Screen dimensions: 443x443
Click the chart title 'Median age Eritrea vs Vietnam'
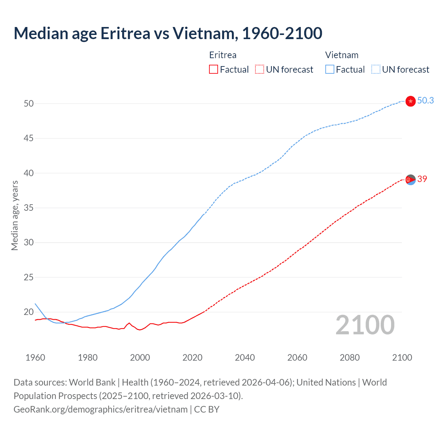tap(168, 33)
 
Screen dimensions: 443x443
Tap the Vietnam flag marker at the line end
tap(410, 101)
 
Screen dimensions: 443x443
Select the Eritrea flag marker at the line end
tap(410, 180)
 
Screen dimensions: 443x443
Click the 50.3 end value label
tap(425, 100)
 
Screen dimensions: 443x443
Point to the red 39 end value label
tap(422, 179)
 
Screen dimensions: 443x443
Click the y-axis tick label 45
tap(29, 138)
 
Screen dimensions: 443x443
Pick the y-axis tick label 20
tap(29, 312)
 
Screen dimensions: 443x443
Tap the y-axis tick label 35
tap(29, 208)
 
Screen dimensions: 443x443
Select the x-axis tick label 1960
tap(35, 358)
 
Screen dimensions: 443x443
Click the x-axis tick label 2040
tap(245, 358)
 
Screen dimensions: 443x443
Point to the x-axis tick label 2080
tap(350, 358)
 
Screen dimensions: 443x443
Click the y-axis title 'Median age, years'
tap(15, 215)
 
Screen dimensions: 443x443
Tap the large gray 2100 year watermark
tap(365, 325)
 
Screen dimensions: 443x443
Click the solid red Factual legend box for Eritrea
tap(214, 70)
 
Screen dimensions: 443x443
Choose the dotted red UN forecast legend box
tap(260, 70)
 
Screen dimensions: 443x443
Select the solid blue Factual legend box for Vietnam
tap(329, 70)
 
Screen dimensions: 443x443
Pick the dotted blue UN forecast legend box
tap(376, 70)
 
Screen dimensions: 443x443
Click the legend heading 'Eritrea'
tap(223, 55)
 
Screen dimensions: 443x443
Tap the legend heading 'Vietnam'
tap(342, 55)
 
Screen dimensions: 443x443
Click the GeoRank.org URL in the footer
tap(100, 409)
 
